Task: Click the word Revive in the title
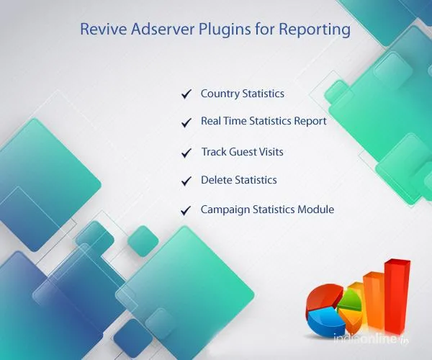99,30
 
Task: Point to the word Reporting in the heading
315,31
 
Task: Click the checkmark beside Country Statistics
186,94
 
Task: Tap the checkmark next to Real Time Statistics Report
186,122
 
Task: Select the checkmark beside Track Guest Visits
186,153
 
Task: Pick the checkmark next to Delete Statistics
186,181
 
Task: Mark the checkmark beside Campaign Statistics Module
186,211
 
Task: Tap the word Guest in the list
243,152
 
